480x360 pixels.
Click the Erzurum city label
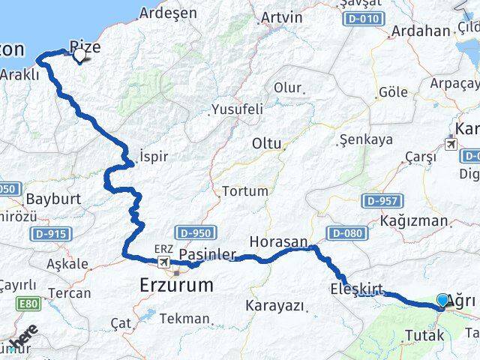point(176,285)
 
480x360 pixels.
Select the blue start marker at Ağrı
point(442,301)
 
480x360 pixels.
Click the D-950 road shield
point(196,233)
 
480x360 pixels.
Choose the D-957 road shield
point(382,201)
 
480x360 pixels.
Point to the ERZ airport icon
point(163,262)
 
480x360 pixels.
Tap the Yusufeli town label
point(237,109)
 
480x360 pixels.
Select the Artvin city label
point(281,17)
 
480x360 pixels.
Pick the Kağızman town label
point(414,222)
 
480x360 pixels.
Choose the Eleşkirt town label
point(357,289)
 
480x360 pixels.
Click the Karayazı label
point(275,306)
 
